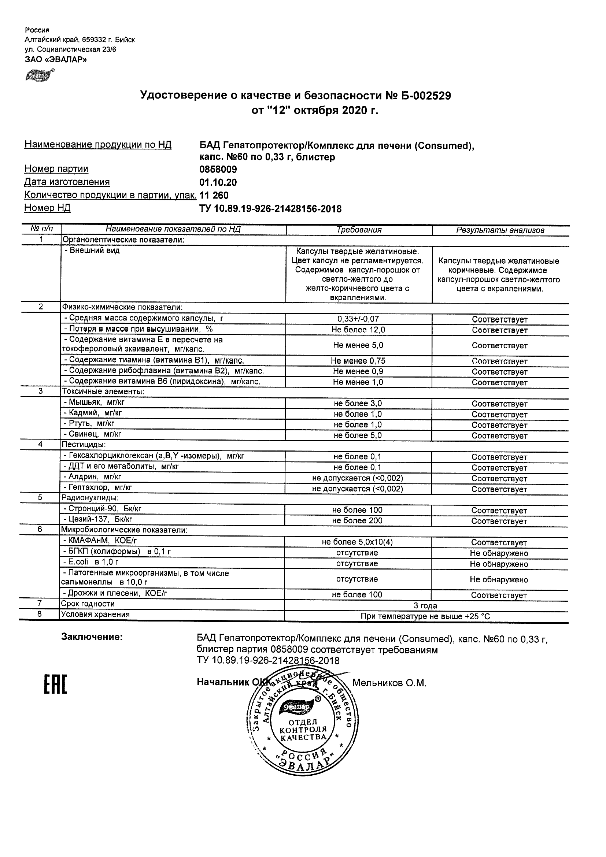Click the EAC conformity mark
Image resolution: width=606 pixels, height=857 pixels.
pos(56,685)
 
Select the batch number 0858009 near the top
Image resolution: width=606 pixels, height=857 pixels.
pos(218,170)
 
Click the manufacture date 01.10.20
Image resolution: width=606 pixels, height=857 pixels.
pos(218,182)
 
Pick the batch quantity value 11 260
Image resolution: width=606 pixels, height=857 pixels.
pos(214,195)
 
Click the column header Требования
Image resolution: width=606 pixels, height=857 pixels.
pos(359,230)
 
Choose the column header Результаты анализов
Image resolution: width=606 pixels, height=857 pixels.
pos(500,230)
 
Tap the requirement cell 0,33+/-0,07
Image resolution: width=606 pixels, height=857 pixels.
pos(358,319)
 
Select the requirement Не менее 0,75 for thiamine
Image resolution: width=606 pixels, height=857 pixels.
pos(358,361)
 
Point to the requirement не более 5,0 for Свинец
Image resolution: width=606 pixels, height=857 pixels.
pos(358,435)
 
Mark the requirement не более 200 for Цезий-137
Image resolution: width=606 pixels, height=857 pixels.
pos(357,521)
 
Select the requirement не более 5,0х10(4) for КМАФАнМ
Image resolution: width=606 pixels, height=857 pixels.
pos(357,542)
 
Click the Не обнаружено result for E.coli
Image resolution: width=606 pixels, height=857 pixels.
pos(499,564)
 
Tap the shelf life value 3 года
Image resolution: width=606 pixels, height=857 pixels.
pos(425,606)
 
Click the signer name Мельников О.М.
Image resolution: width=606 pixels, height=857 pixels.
pos(389,683)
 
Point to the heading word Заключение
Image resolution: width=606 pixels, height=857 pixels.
pos(92,637)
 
